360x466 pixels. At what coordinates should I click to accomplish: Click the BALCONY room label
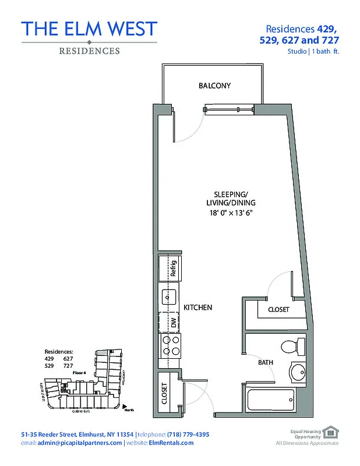tap(214, 86)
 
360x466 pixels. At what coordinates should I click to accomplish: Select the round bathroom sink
tap(298, 372)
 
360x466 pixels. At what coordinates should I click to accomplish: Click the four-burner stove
tap(171, 345)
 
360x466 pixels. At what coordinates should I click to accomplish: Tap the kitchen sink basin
tap(170, 297)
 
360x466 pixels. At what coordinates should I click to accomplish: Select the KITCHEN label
tap(197, 307)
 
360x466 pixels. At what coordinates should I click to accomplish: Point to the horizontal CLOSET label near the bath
tap(278, 310)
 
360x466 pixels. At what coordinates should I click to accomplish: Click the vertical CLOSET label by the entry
tap(165, 394)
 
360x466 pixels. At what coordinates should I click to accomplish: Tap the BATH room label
tap(266, 362)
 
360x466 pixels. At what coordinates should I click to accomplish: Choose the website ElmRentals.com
tap(172, 443)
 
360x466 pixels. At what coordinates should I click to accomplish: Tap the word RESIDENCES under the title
tap(90, 51)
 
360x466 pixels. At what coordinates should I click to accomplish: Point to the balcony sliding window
tap(228, 108)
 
